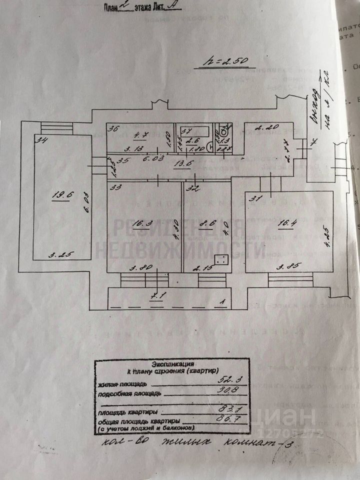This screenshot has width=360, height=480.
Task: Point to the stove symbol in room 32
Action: pos(221,259)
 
